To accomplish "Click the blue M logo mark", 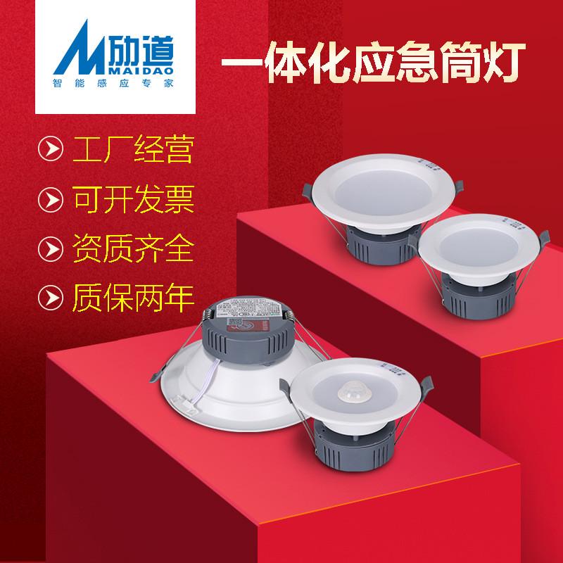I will click(71, 54).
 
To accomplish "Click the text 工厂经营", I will click(133, 151).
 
